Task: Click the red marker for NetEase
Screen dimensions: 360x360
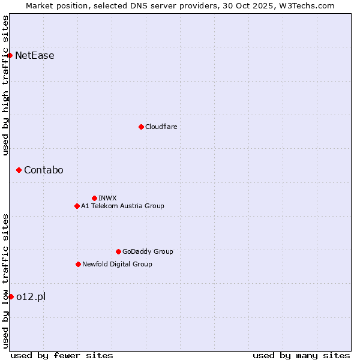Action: point(10,56)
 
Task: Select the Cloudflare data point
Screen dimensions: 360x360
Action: point(141,127)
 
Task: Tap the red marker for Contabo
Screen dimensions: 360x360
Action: point(19,170)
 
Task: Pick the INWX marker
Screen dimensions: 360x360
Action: point(94,198)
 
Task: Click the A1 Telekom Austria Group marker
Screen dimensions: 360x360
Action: point(77,206)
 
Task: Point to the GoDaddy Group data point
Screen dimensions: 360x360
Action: point(118,251)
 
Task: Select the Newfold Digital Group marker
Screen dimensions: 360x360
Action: point(78,264)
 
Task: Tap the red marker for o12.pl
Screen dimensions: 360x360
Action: point(11,296)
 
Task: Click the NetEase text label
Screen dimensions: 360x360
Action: point(35,56)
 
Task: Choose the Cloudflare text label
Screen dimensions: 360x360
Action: point(161,127)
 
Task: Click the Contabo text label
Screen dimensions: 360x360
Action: point(44,170)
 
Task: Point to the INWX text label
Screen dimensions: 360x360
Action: point(107,198)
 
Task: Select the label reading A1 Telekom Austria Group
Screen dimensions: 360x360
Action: point(122,206)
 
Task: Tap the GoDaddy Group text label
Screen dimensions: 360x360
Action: point(148,251)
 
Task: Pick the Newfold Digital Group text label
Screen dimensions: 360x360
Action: point(117,264)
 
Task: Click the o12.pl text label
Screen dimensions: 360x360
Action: point(31,296)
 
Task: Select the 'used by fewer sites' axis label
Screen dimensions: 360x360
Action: point(62,355)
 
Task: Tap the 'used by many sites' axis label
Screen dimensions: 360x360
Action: point(301,355)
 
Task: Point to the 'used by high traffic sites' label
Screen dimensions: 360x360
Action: point(6,85)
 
